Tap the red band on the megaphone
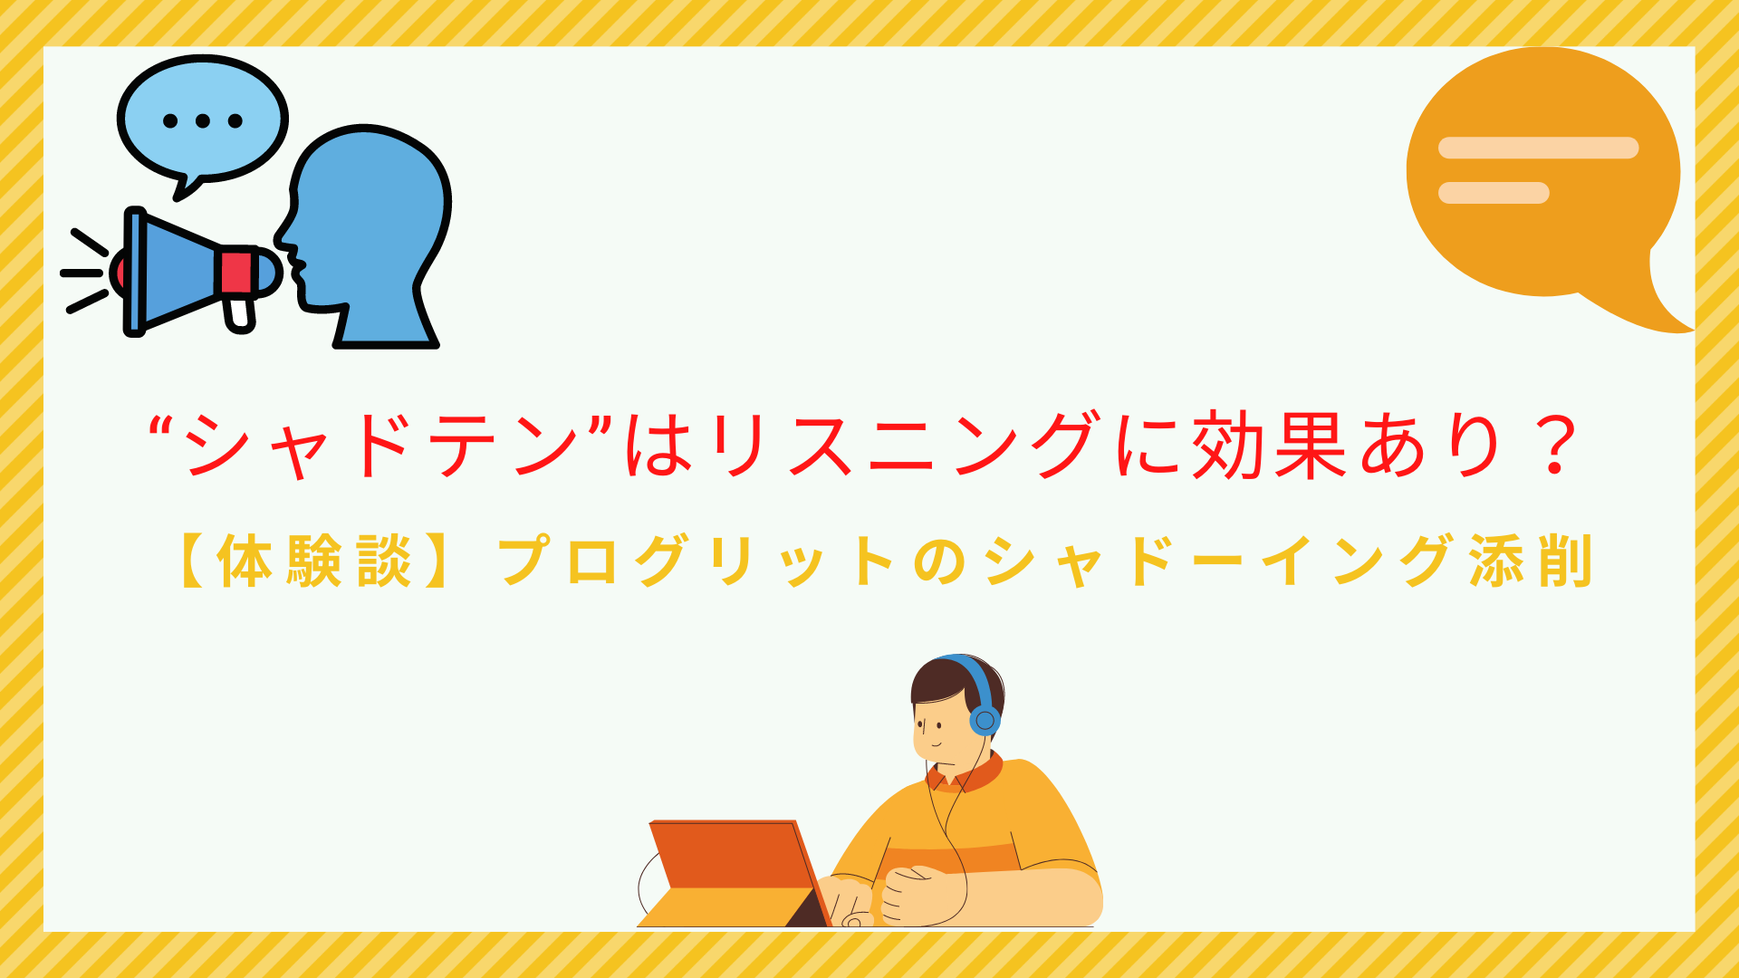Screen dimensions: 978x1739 tap(236, 272)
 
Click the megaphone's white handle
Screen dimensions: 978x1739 tap(240, 312)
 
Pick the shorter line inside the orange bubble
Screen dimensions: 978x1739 tap(1494, 193)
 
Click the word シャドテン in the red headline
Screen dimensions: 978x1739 tap(380, 446)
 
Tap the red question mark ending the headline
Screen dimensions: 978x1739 tap(1556, 446)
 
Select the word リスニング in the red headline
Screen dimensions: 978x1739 tap(906, 446)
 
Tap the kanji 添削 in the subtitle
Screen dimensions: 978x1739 tap(1531, 561)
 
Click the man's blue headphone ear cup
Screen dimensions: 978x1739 tap(985, 721)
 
